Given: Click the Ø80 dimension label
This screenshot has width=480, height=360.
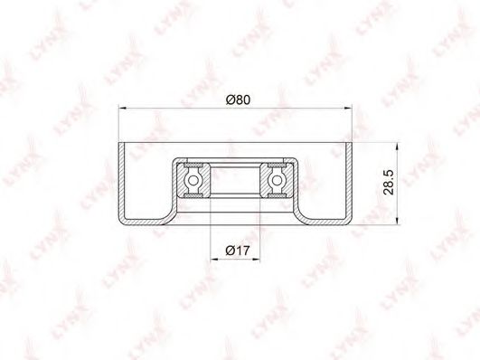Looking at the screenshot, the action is (x=238, y=99).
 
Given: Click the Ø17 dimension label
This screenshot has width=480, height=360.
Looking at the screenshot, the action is (x=238, y=251).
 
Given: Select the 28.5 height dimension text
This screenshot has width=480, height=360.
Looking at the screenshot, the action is (x=389, y=183).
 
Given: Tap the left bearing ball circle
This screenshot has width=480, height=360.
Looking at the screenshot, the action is (x=193, y=181).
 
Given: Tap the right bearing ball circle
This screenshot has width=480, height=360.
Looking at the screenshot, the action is (x=277, y=181).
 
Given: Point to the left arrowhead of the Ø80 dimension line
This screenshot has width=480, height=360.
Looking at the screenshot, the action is (x=122, y=108).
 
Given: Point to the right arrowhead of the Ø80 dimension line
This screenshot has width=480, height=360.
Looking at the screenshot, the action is (x=348, y=108).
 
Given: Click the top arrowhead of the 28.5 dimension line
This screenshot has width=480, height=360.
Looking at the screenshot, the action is (x=397, y=147).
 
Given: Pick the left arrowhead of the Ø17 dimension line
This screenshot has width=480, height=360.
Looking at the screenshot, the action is (x=215, y=260).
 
